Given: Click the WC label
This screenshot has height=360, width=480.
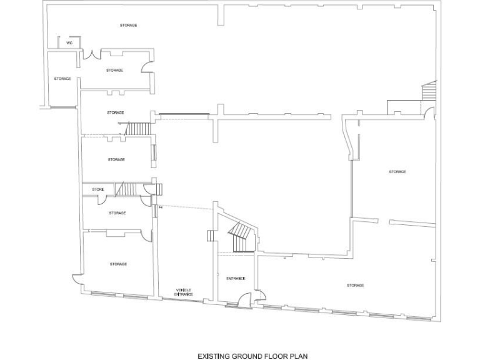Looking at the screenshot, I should coord(69,43).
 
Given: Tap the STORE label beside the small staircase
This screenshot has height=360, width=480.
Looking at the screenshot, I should coord(97,189).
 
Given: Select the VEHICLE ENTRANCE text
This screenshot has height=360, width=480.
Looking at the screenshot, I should coord(184,292).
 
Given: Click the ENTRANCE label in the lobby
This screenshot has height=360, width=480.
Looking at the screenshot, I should coord(236,278).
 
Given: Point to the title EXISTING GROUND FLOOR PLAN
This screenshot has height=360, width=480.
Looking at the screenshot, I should coord(252,355).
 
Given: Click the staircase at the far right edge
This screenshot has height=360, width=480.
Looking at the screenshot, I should coord(429,92).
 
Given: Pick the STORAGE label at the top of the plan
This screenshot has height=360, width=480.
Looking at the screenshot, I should coord(128,25).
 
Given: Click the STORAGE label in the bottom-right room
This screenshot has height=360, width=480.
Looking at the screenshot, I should coord(355,286).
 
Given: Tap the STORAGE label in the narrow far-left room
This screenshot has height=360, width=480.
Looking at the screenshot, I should coord(62,79).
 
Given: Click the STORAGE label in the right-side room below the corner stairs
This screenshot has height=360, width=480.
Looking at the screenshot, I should coord(397,171).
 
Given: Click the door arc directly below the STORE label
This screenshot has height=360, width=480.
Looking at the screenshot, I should coord(102,200).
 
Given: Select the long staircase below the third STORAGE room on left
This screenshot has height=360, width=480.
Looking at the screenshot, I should coord(137,129).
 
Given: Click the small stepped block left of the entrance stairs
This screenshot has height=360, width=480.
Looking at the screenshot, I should coord(211,236).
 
